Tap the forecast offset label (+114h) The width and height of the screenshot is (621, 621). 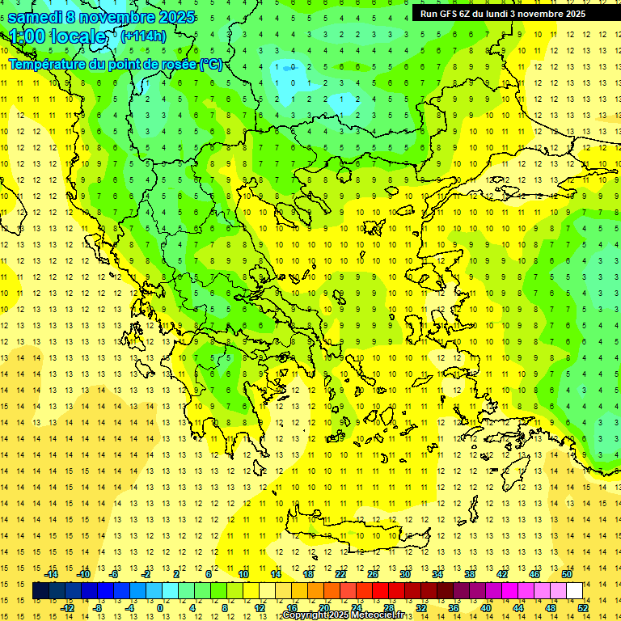[x=143, y=36]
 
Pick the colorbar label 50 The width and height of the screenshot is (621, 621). [x=567, y=573]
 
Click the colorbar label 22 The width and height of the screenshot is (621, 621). [x=340, y=573]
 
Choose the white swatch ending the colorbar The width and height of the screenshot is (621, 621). [x=575, y=590]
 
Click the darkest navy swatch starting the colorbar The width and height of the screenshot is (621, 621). [x=40, y=590]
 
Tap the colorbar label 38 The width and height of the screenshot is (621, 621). [x=470, y=573]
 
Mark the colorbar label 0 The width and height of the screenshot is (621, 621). [x=160, y=607]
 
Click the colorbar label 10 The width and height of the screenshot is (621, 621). [x=243, y=573]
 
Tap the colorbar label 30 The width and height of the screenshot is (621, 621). [x=405, y=573]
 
